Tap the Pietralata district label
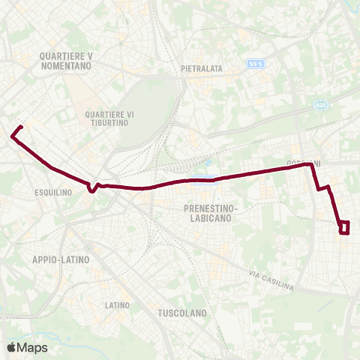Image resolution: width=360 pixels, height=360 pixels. point(202,68)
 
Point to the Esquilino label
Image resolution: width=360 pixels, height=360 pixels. point(52,192)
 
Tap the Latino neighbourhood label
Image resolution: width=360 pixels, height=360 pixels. point(118,305)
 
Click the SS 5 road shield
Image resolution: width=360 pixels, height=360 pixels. point(256,64)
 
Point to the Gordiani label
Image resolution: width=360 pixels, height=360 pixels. point(303,163)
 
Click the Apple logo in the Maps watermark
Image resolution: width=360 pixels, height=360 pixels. point(11,347)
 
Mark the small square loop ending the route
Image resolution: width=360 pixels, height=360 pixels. point(344,226)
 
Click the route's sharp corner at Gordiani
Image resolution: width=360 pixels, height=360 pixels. point(312,168)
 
